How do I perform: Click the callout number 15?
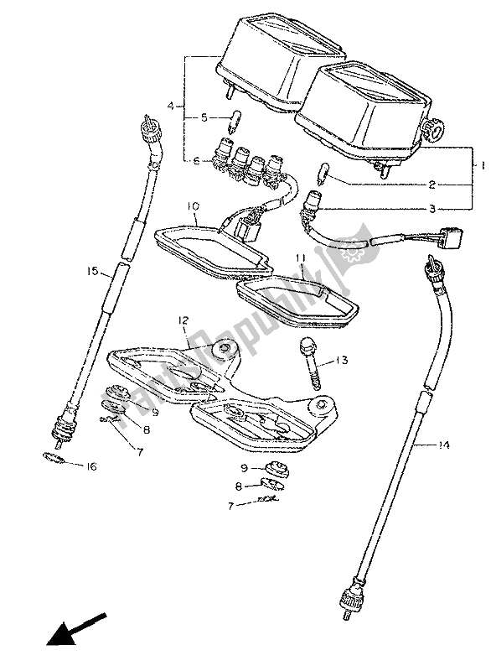93,272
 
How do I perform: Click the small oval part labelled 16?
54,458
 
